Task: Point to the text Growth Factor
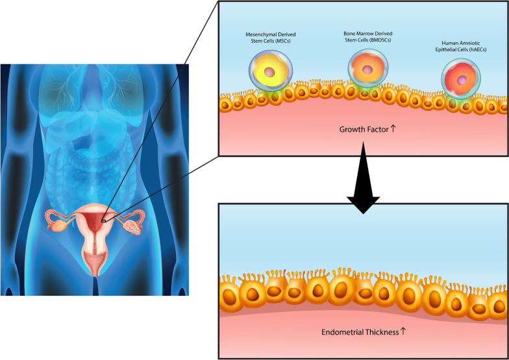[364, 129]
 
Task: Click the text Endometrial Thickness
[360, 332]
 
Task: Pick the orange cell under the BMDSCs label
[367, 67]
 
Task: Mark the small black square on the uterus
[103, 221]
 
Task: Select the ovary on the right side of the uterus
[135, 227]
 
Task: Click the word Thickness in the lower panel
[378, 332]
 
